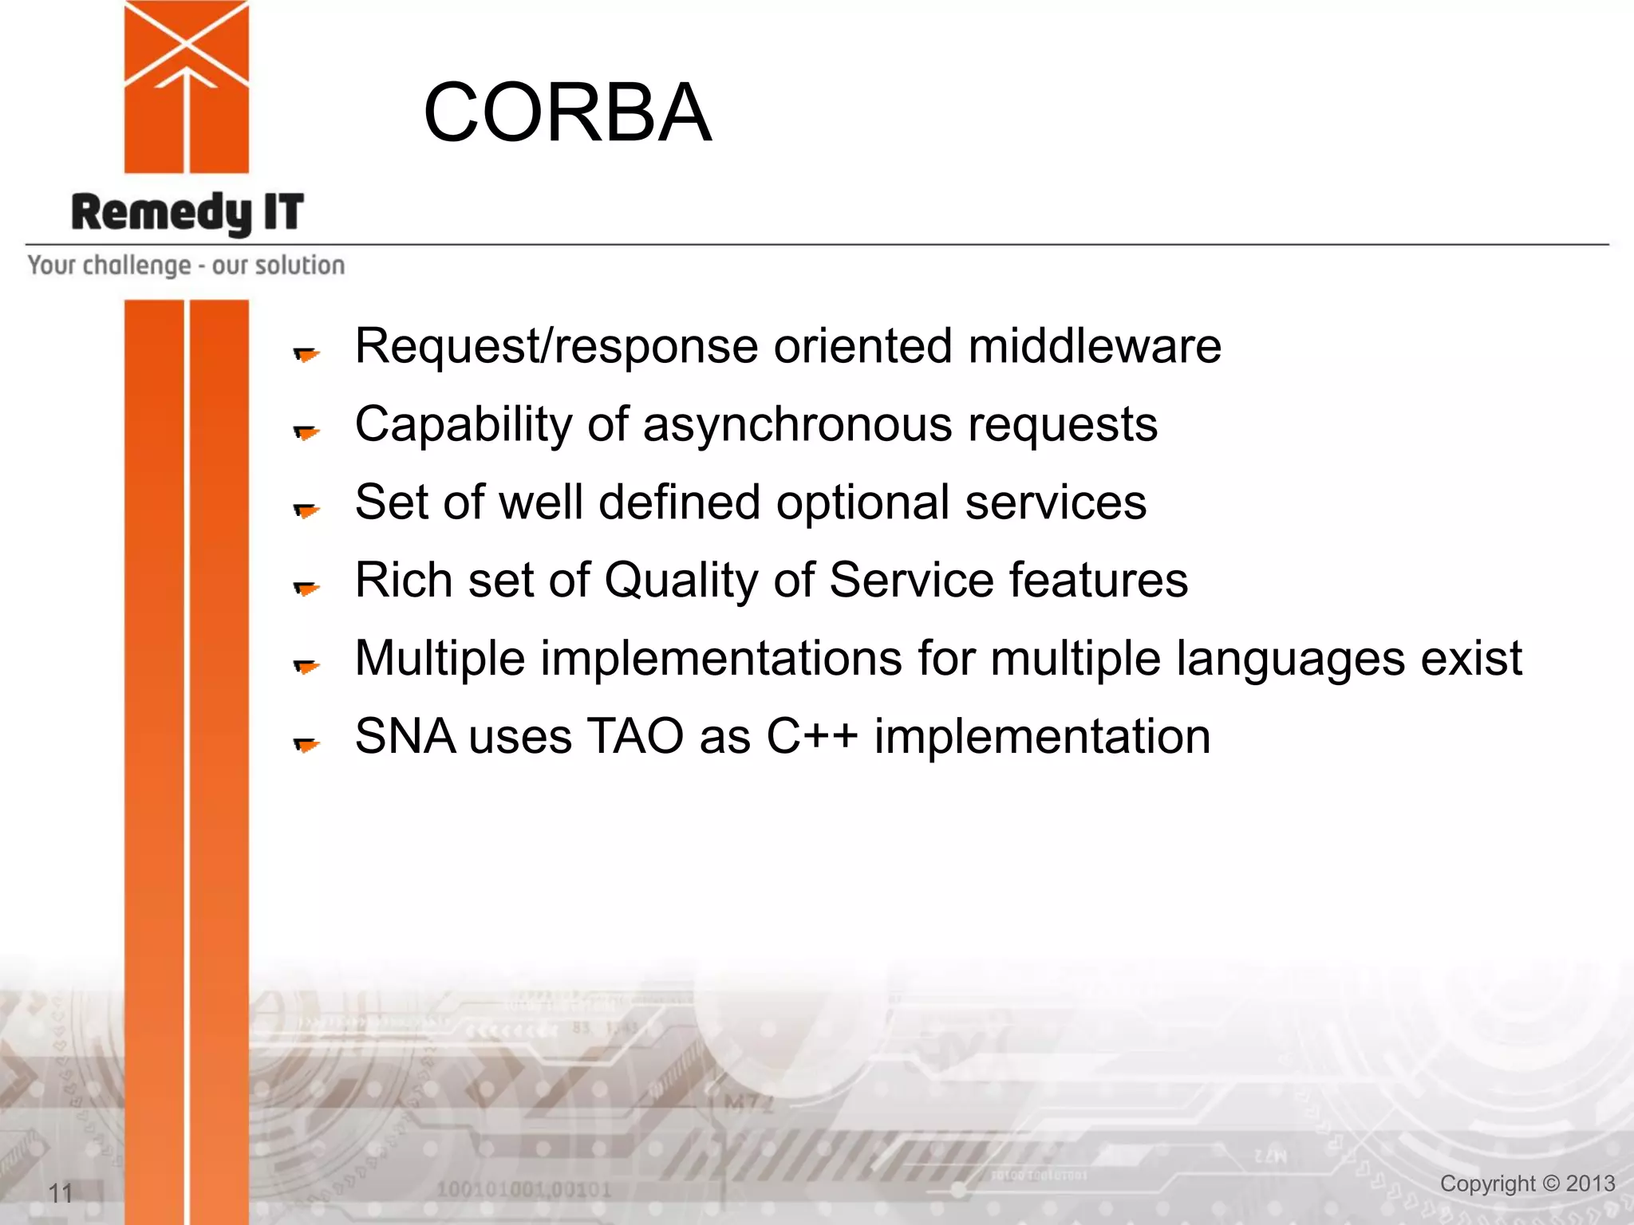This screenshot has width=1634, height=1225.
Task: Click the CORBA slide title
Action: tap(566, 113)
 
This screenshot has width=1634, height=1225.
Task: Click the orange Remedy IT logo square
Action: tap(186, 88)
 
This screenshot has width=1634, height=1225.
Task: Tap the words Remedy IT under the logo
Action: tap(187, 213)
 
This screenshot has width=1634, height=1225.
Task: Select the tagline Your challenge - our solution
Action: tap(186, 265)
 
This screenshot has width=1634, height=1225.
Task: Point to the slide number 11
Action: tap(61, 1193)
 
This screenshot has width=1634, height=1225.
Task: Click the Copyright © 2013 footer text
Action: tap(1527, 1184)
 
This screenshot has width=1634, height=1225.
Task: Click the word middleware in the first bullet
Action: tap(1094, 346)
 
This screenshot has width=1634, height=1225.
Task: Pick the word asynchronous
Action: tap(797, 424)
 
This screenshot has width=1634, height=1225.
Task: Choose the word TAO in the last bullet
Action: tap(635, 736)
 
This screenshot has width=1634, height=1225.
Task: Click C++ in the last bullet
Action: tap(811, 736)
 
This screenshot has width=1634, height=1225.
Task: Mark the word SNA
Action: tap(405, 736)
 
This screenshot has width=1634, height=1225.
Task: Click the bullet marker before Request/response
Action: tap(306, 353)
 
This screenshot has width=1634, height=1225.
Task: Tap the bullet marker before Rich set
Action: tap(306, 588)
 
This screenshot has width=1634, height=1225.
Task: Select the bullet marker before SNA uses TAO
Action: tap(306, 744)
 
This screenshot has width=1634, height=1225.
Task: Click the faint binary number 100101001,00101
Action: tap(523, 1190)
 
